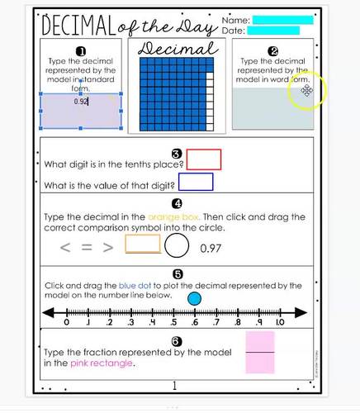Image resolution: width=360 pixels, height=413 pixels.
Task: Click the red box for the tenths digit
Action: [204, 159]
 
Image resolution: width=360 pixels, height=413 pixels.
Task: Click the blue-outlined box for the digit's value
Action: [196, 182]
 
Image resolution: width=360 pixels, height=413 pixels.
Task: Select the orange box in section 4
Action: [142, 244]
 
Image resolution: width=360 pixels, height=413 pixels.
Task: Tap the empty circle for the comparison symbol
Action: [178, 246]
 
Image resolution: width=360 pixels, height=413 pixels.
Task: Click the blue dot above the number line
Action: [195, 297]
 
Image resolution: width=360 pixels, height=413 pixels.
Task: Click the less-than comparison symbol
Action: [64, 246]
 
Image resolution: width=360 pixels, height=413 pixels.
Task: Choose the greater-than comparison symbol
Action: [107, 246]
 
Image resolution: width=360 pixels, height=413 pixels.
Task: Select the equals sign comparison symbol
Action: [85, 246]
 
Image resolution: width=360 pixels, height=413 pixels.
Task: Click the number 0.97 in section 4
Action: [212, 247]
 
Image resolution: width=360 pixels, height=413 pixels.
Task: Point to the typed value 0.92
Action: [81, 102]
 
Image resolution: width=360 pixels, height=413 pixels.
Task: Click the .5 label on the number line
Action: [173, 323]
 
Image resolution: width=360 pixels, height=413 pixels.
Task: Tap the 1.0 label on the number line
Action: [280, 323]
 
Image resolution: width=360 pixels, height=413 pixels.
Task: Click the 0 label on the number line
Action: [66, 323]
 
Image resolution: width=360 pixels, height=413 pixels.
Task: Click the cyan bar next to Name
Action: [282, 20]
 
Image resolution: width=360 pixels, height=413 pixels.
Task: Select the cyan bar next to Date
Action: [273, 31]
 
